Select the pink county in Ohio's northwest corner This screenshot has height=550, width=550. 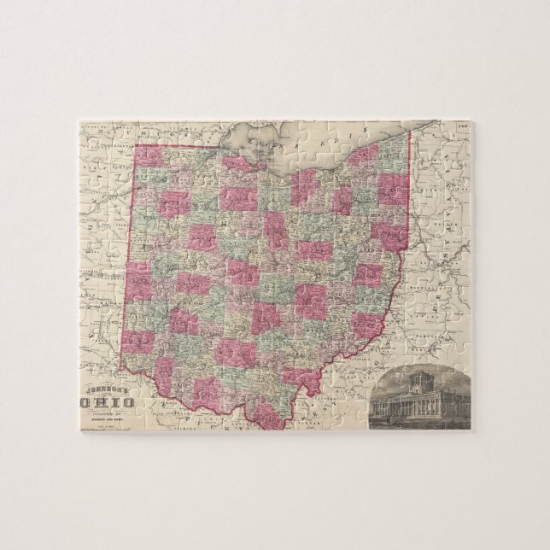tap(149, 156)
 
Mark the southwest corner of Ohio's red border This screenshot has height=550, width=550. tap(120, 368)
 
